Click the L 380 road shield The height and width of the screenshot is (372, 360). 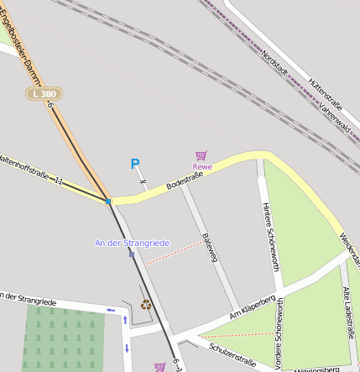coord(44,94)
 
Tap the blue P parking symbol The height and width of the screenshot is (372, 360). coord(134,165)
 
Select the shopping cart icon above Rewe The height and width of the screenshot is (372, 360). coord(201,155)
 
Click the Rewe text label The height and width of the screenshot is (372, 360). coord(202,167)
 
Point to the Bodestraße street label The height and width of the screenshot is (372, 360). coord(185,176)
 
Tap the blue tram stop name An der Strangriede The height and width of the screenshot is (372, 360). coord(132,243)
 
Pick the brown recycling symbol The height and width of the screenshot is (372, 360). coord(146,304)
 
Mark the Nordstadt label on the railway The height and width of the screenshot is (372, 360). coord(279,66)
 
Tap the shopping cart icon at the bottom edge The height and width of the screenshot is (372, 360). coord(159,367)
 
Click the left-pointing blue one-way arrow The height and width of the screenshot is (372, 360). coord(111,311)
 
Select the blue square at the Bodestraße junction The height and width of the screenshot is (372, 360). coord(108,202)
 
